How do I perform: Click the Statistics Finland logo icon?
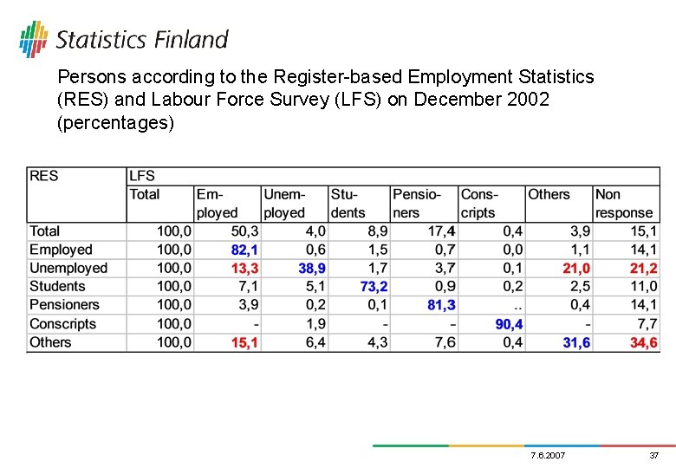click(x=33, y=38)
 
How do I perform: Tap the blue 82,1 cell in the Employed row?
click(x=245, y=250)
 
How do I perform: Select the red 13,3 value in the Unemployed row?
click(x=245, y=269)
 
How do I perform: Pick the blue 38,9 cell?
click(x=312, y=269)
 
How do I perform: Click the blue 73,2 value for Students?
click(x=374, y=287)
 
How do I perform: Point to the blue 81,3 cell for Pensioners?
click(x=441, y=305)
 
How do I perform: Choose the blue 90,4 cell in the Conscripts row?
click(x=509, y=324)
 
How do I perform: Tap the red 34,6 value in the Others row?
click(x=644, y=342)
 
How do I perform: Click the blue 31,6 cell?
click(x=576, y=342)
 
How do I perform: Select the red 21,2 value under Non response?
click(x=644, y=269)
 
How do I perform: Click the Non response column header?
click(x=623, y=204)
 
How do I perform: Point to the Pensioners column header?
click(x=416, y=204)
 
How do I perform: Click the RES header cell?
click(x=44, y=176)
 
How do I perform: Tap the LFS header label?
click(x=142, y=176)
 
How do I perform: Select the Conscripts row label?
click(x=62, y=324)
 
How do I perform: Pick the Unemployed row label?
click(x=68, y=269)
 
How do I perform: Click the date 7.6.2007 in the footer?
click(x=547, y=455)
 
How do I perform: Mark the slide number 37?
click(x=654, y=455)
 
